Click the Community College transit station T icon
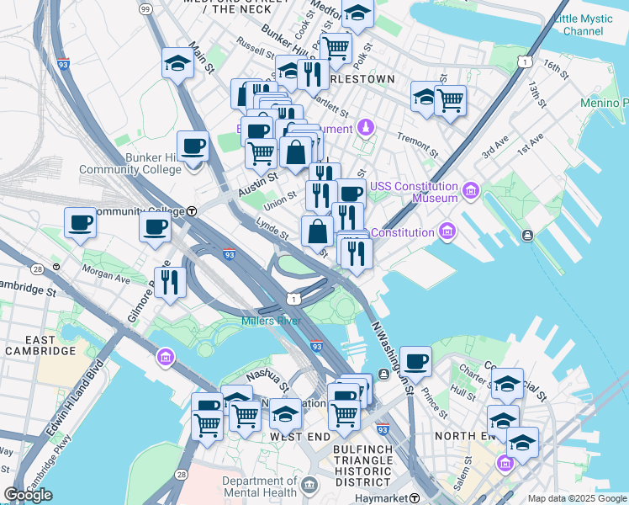[x=192, y=211]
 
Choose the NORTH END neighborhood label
[x=464, y=436]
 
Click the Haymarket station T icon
[x=414, y=499]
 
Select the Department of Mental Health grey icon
[x=309, y=485]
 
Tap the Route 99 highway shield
[x=145, y=8]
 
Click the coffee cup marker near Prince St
[x=415, y=362]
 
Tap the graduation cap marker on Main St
[x=178, y=64]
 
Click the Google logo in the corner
[x=29, y=495]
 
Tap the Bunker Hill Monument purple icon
[x=365, y=128]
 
